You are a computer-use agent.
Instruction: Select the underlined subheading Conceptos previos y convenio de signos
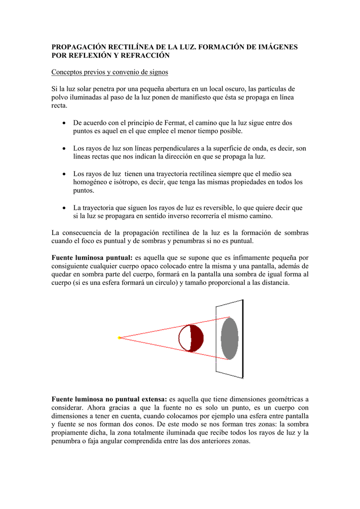(x=110, y=72)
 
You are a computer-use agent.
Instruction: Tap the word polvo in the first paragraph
(x=60, y=97)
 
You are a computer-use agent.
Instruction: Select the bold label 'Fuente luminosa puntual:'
(x=92, y=257)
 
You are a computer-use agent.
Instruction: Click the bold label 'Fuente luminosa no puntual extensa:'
(x=109, y=399)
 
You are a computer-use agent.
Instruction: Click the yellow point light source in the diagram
(x=119, y=338)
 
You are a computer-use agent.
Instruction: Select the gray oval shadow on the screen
(x=229, y=338)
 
